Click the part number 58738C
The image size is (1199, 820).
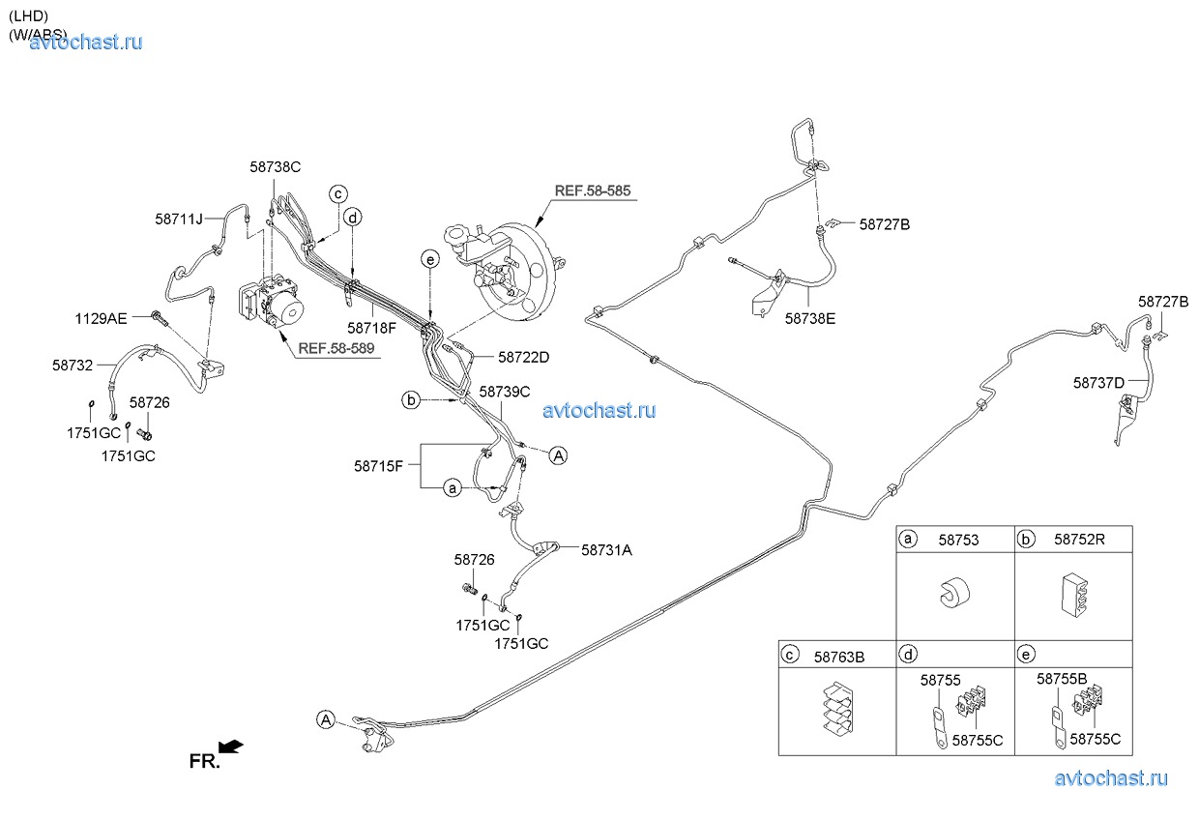(275, 167)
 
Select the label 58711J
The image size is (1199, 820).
(179, 220)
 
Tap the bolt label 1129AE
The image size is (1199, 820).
(101, 317)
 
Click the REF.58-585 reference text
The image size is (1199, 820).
(592, 191)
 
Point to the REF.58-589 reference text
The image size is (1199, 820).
(336, 350)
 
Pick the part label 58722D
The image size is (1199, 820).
(523, 357)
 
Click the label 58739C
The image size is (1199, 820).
(505, 392)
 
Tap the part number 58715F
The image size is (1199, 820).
(378, 466)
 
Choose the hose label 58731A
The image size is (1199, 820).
(606, 549)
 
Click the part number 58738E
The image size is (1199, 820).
(809, 317)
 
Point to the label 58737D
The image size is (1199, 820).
(1098, 382)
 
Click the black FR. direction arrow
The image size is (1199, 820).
(231, 746)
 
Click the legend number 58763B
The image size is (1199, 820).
(838, 657)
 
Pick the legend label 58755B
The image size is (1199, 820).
(1062, 679)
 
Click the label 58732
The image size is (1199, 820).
(73, 366)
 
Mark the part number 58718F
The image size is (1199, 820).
(371, 328)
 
